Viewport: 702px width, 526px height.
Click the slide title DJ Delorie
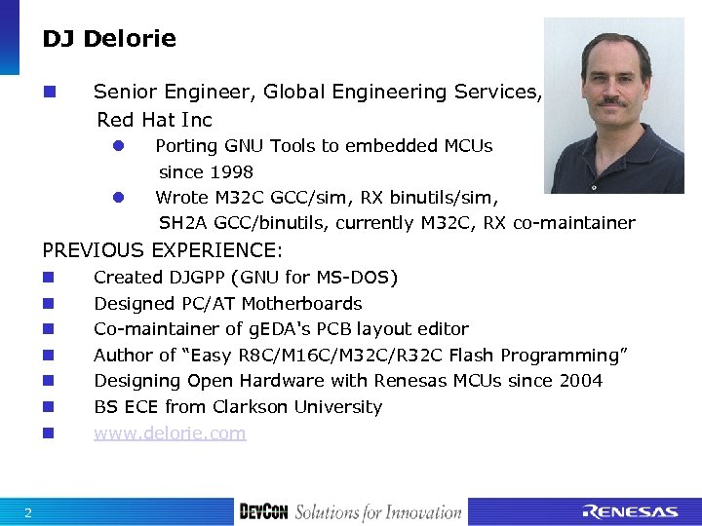109,40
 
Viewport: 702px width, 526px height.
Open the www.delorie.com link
170,433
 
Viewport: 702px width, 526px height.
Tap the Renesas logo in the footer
630,511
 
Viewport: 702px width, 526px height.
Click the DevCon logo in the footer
263,512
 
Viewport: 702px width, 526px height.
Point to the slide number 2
28,513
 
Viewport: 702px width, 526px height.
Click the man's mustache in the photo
612,100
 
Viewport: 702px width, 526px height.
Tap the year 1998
232,172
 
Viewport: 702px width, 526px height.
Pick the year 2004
581,381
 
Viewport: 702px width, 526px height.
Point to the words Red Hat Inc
154,120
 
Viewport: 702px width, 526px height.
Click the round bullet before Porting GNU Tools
116,146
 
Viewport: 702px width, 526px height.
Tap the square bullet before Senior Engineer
48,93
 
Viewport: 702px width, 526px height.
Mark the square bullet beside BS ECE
48,407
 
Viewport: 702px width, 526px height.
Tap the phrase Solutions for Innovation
378,512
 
